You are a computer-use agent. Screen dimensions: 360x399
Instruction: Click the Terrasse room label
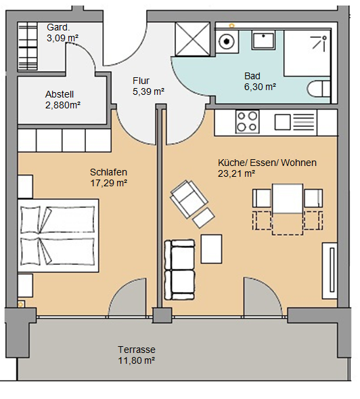click(x=137, y=350)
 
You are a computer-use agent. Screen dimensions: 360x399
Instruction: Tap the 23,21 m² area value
click(x=236, y=173)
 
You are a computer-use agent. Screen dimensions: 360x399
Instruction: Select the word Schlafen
click(x=108, y=172)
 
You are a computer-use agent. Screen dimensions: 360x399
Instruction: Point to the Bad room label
click(x=252, y=76)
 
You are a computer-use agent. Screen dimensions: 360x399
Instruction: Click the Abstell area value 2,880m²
click(x=63, y=105)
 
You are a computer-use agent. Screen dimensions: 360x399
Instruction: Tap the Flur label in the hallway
click(x=141, y=81)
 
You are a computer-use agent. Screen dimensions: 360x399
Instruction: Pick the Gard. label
click(x=58, y=27)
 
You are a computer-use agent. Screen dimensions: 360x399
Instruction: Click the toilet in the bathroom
click(x=319, y=89)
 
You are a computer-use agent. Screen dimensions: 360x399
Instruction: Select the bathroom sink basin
click(x=264, y=40)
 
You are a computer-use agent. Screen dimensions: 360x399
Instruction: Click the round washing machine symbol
click(x=227, y=41)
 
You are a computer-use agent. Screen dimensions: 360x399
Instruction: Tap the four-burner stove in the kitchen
click(x=247, y=122)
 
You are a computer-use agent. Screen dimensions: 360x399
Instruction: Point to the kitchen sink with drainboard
click(x=294, y=122)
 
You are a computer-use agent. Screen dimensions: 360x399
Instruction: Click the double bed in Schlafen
click(x=58, y=236)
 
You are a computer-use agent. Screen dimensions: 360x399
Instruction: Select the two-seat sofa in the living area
click(x=179, y=270)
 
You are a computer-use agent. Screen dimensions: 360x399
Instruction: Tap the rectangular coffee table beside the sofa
click(x=211, y=249)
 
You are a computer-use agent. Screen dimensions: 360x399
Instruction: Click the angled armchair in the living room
click(x=188, y=198)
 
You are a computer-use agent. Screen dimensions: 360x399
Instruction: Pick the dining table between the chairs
click(x=288, y=198)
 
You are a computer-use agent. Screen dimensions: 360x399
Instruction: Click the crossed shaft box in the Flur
click(x=192, y=39)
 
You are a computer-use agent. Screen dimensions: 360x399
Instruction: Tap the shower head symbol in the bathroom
click(x=319, y=43)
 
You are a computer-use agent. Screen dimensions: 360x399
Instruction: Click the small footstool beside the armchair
click(x=204, y=218)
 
